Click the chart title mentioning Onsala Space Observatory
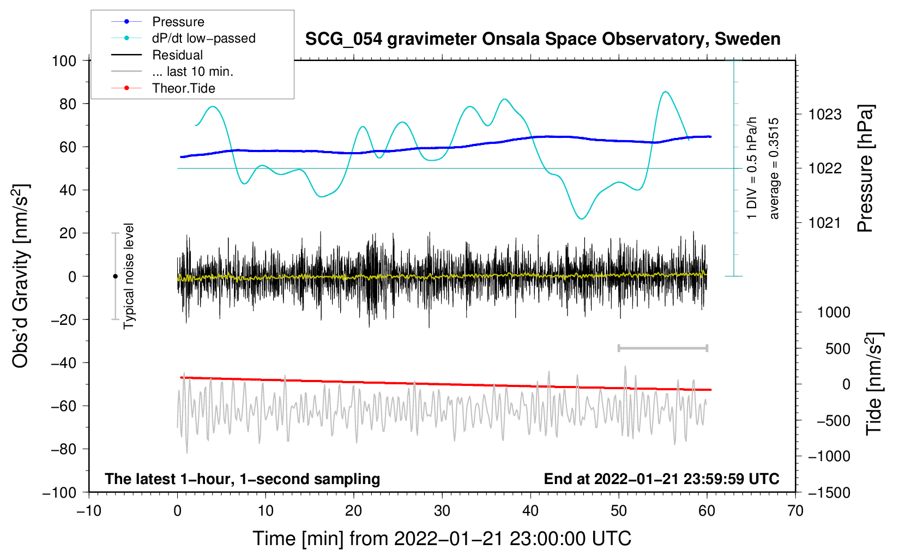(542, 39)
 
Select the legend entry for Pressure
(178, 22)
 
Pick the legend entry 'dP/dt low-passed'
(203, 38)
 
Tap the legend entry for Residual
(177, 55)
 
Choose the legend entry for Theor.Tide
(184, 88)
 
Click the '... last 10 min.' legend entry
(192, 71)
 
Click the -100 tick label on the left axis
(59, 492)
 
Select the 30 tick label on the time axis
(442, 511)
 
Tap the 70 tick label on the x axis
(795, 511)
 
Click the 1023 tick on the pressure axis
(825, 114)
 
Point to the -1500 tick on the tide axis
(829, 492)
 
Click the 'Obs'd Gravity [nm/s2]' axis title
(21, 276)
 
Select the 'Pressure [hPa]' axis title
(865, 169)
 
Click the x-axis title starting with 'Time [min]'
(442, 539)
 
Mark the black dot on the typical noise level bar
(115, 276)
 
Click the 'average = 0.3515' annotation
(774, 169)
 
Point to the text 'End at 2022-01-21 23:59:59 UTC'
(661, 479)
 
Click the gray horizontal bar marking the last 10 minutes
(662, 348)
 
